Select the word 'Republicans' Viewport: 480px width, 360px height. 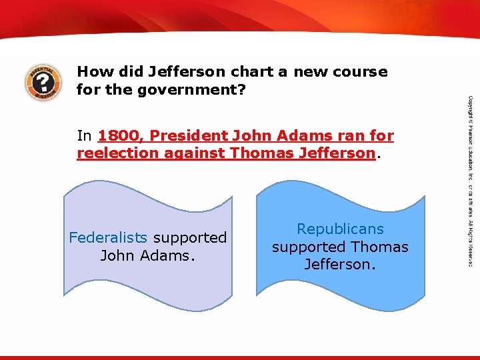[x=340, y=229]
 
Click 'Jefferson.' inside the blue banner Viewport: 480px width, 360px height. [x=340, y=264]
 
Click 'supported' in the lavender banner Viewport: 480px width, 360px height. [x=190, y=237]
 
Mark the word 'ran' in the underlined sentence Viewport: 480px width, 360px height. [x=340, y=137]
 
